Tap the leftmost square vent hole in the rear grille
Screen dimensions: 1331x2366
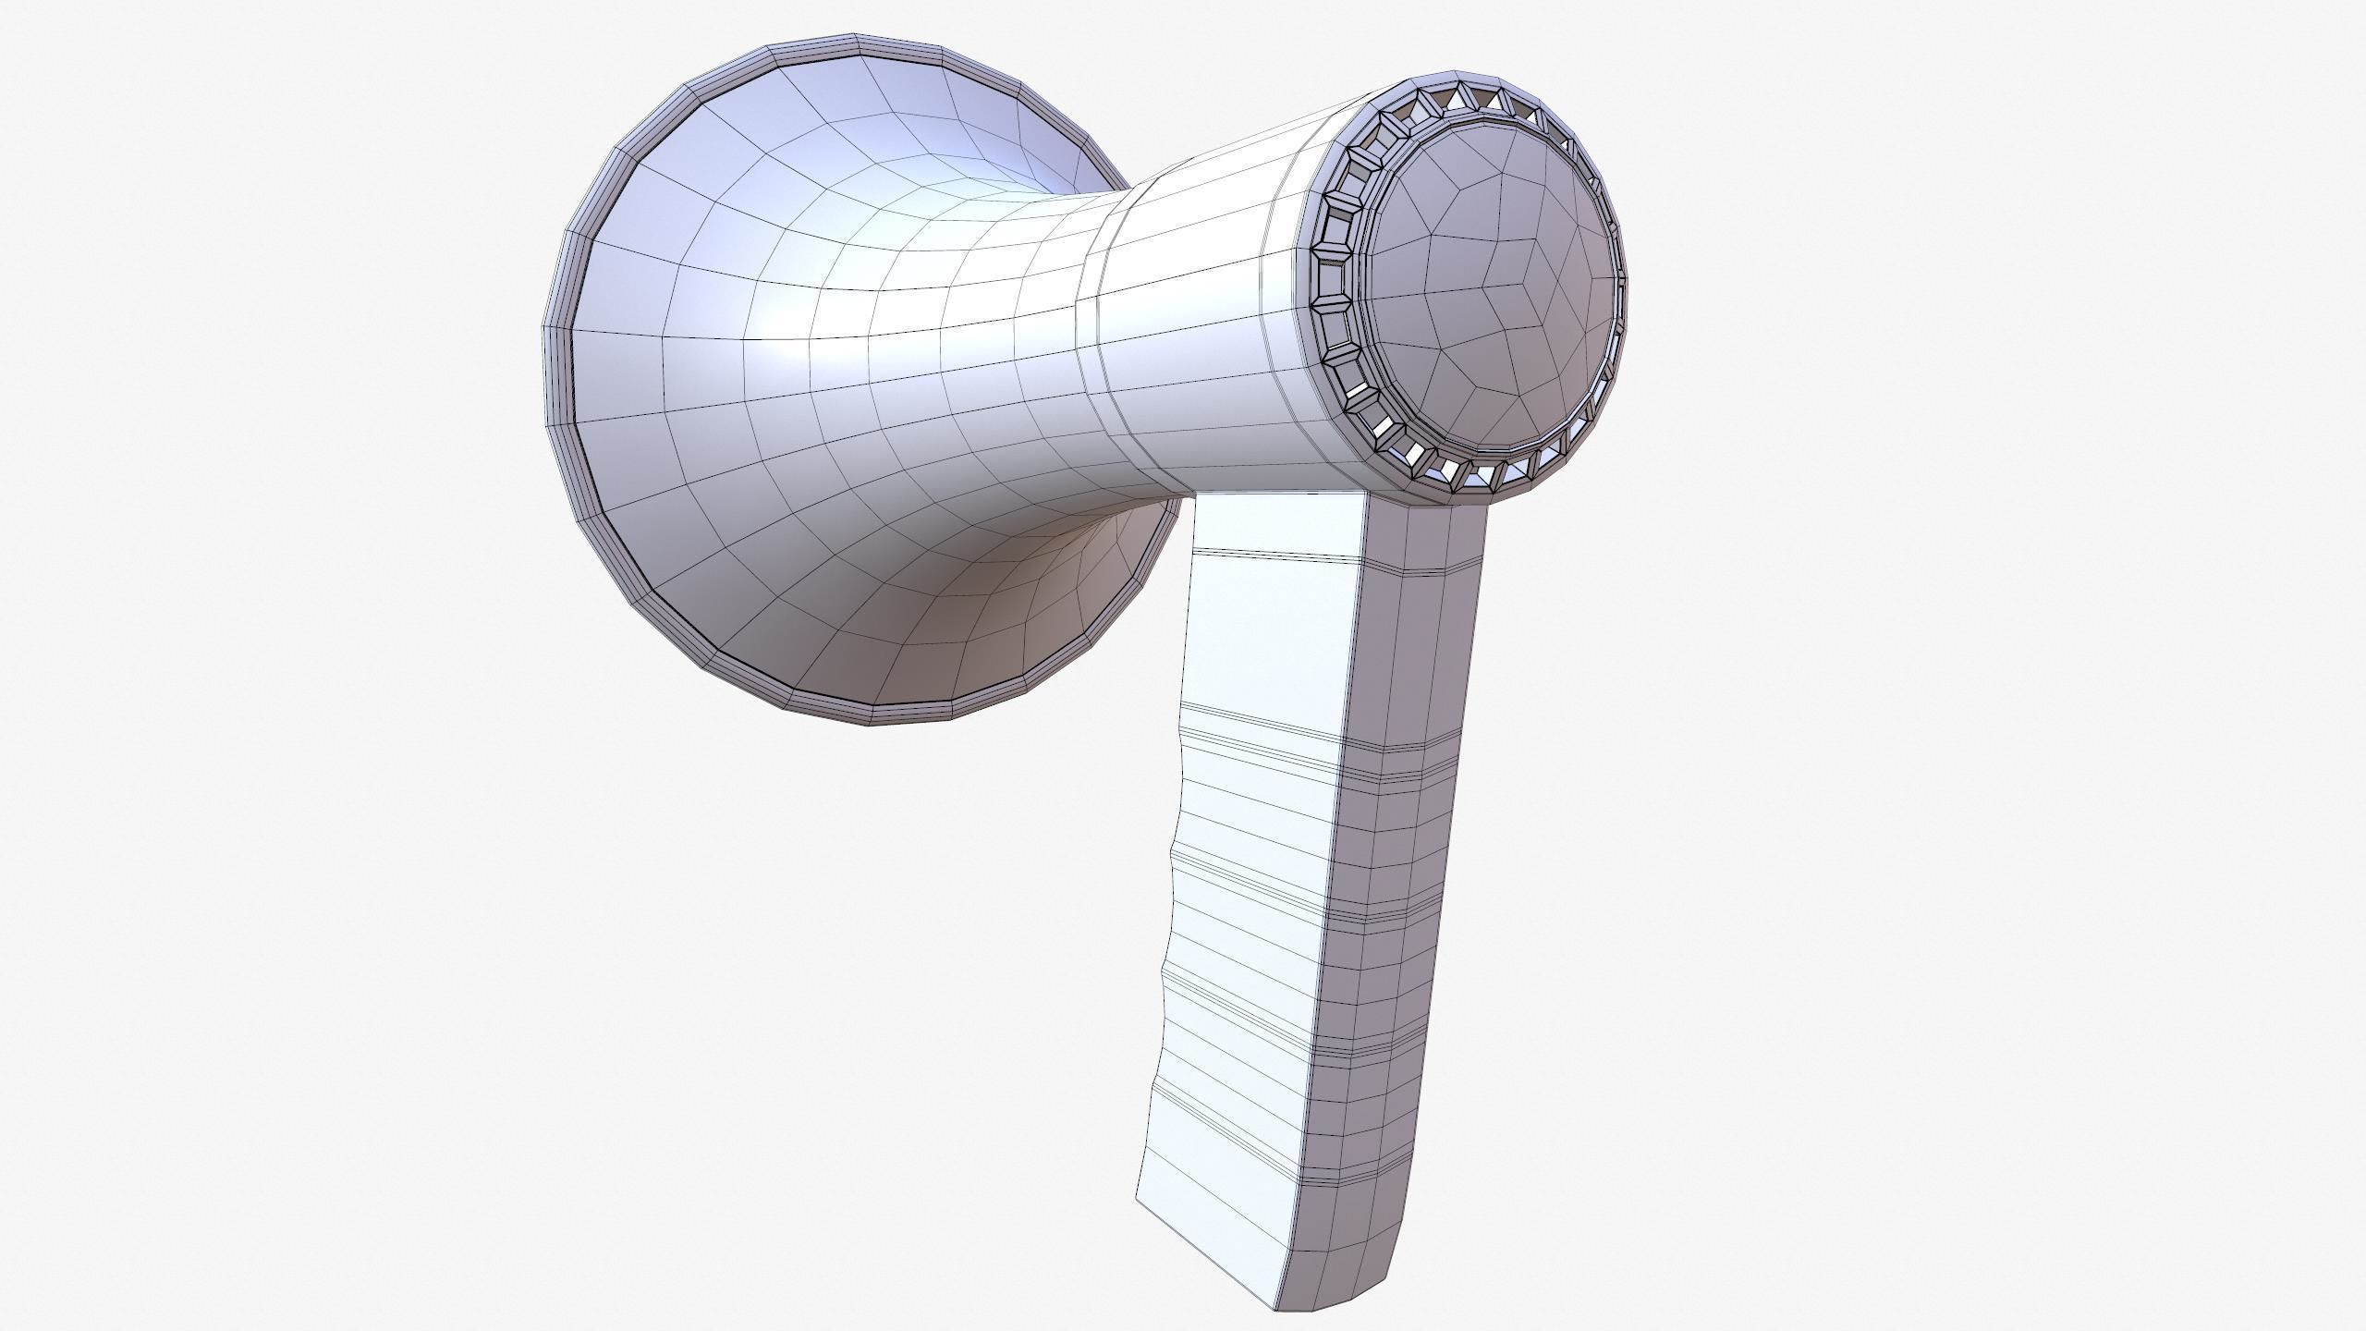tap(1331, 276)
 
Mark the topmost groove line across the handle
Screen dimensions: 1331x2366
tap(1275, 556)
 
